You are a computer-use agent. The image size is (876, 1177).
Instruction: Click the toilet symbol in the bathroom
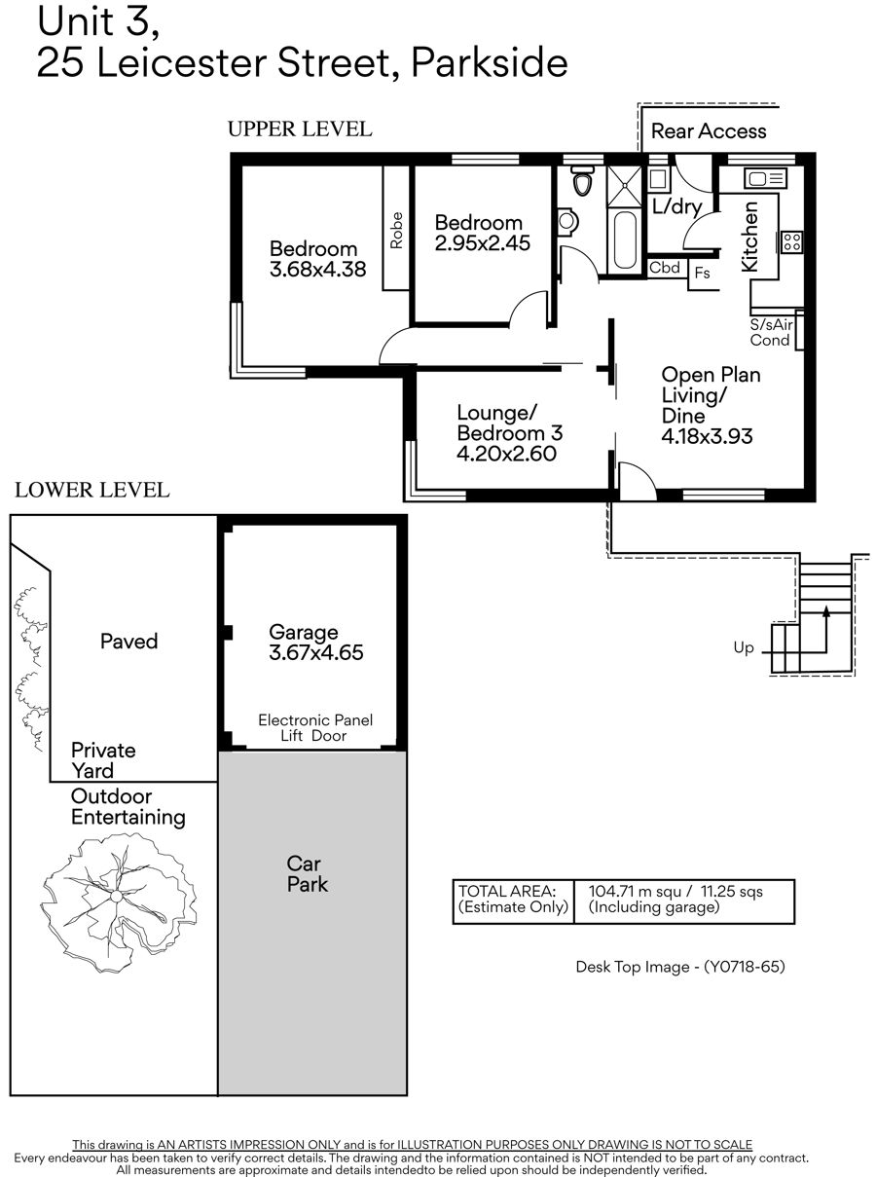[582, 181]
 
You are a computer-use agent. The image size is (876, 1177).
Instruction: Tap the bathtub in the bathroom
[625, 239]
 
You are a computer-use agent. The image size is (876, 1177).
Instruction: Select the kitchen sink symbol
[765, 178]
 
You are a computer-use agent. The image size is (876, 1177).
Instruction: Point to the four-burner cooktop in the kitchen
[791, 242]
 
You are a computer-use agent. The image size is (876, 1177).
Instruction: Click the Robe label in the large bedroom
[396, 231]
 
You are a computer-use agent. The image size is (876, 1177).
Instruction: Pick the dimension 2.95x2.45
[483, 243]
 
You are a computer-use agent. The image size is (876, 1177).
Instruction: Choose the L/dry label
[676, 205]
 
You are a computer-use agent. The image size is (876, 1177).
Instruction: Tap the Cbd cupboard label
[664, 268]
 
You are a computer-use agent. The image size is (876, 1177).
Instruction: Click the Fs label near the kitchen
[702, 273]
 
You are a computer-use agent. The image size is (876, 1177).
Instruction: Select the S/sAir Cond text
[771, 332]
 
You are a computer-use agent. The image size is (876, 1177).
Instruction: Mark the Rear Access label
[709, 131]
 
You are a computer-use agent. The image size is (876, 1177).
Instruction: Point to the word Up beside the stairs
[744, 647]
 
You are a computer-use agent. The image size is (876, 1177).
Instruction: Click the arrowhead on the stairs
[825, 610]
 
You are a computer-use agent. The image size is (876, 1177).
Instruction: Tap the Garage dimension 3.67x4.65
[316, 652]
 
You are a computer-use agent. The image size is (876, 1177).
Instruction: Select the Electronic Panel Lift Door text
[315, 727]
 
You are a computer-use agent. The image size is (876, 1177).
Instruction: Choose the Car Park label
[308, 874]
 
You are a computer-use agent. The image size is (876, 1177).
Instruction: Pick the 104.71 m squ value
[635, 892]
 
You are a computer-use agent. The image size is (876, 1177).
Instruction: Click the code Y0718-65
[744, 967]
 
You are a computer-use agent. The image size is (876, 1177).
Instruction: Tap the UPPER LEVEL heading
[300, 129]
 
